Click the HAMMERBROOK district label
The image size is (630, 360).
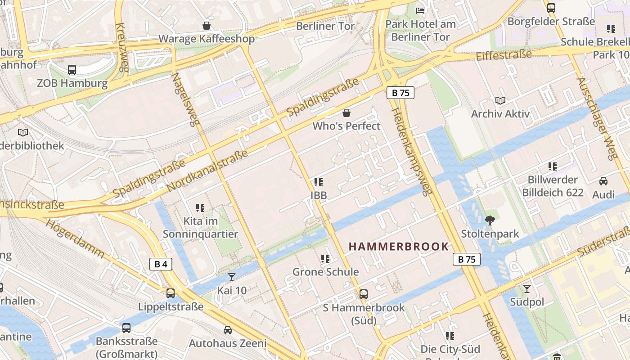(399, 247)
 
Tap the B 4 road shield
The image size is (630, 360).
(161, 264)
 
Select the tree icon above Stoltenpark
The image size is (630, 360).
(490, 220)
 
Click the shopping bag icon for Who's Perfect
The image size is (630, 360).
(346, 112)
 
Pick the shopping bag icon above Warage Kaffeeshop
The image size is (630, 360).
(207, 25)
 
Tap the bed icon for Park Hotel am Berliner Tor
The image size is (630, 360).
(421, 10)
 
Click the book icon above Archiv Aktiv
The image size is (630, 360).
(500, 100)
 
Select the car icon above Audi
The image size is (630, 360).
(603, 181)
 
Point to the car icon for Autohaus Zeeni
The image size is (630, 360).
(228, 330)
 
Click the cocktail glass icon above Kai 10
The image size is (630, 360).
(232, 277)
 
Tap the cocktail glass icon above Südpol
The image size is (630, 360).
(527, 288)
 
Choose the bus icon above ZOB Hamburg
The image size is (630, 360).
(72, 70)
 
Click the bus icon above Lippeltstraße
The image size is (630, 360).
(171, 293)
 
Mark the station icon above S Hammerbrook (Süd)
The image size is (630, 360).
(364, 294)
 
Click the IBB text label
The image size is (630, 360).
(319, 196)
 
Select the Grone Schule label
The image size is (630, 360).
(326, 272)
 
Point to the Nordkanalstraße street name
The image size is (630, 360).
(207, 171)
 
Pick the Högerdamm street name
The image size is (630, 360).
(75, 238)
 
